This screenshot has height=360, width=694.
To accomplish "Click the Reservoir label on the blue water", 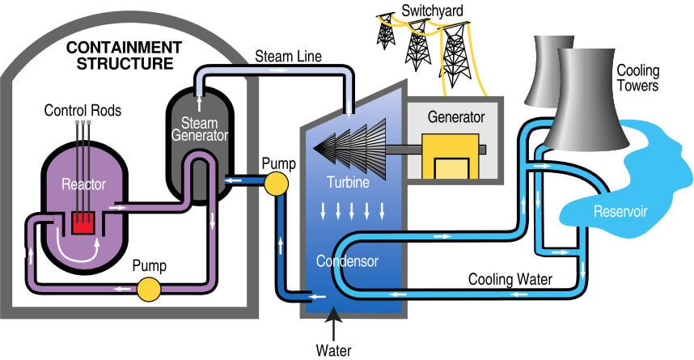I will [x=618, y=213].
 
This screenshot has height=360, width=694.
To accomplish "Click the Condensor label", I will [x=346, y=261].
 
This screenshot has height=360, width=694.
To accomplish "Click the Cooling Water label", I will [x=510, y=280].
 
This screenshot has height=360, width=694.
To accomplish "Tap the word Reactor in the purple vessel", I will [x=84, y=184].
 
